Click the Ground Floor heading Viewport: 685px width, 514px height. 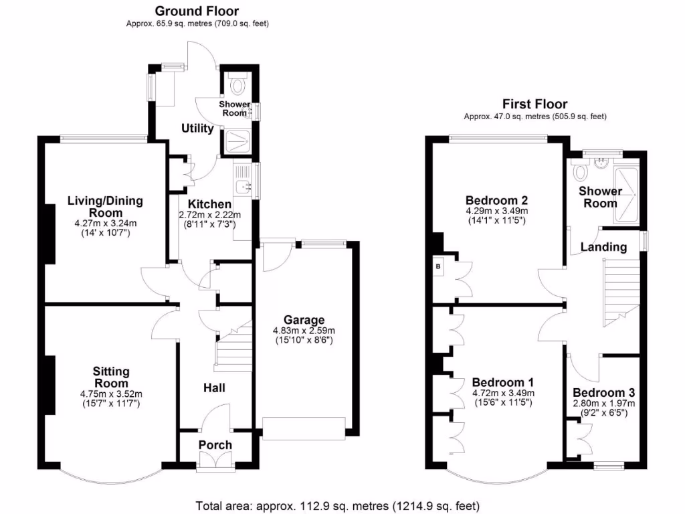(197, 11)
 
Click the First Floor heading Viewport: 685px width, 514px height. (535, 104)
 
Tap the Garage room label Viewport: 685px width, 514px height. (303, 320)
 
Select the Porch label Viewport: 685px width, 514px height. (215, 445)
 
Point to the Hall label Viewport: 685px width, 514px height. (214, 388)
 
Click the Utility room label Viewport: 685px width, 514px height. (197, 128)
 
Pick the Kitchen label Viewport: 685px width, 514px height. (209, 204)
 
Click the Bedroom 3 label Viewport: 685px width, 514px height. (603, 393)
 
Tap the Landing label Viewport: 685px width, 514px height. (603, 247)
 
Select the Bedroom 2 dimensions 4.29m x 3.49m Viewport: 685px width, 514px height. (496, 211)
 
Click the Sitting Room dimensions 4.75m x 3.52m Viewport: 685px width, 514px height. (110, 394)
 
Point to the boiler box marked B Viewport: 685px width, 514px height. (438, 266)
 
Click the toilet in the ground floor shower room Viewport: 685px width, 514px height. (237, 85)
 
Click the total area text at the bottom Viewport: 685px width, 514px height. (337, 505)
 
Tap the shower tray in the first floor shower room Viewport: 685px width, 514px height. (627, 189)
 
